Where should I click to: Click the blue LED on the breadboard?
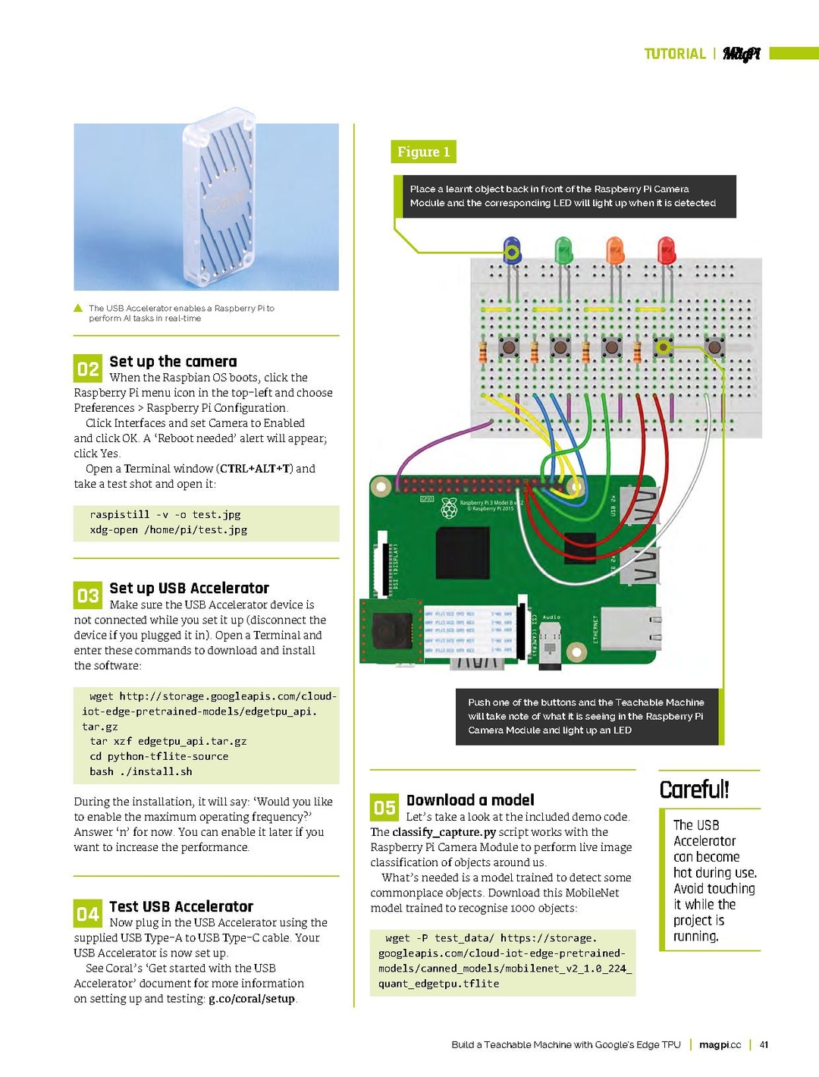(x=513, y=250)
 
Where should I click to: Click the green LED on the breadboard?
(x=563, y=250)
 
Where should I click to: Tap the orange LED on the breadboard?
(x=615, y=250)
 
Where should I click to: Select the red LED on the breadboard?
(x=666, y=250)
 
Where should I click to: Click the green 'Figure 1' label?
(x=423, y=152)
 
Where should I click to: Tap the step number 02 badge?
(x=88, y=369)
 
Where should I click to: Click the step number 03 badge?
(x=88, y=595)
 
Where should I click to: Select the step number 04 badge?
(x=88, y=914)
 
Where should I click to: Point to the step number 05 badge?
(x=384, y=808)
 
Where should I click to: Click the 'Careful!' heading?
(x=694, y=790)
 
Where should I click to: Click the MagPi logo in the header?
(x=741, y=54)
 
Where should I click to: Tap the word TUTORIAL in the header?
(x=674, y=54)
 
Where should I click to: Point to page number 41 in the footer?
(x=764, y=1044)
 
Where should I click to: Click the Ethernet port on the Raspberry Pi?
(x=630, y=629)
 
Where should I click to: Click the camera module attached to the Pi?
(x=391, y=630)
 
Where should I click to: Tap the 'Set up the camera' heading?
(x=173, y=362)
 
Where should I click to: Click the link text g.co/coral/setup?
(x=251, y=999)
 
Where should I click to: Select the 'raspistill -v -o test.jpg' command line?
(x=165, y=514)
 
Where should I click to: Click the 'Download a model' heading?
(x=470, y=800)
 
